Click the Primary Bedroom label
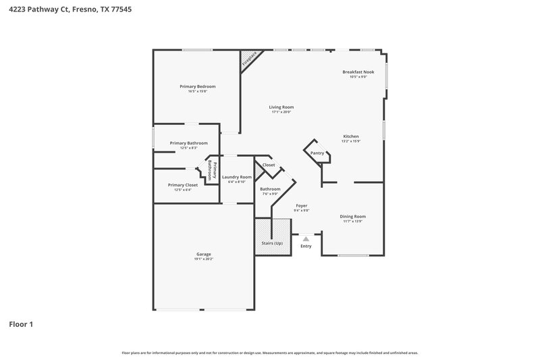[x=198, y=86]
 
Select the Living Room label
[x=281, y=107]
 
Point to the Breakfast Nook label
[x=358, y=72]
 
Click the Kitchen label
[x=351, y=136]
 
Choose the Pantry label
[x=317, y=153]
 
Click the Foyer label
[x=302, y=205]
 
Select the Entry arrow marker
[x=306, y=238]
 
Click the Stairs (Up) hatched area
[x=273, y=238]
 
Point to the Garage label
[x=204, y=254]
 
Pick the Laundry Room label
[x=236, y=177]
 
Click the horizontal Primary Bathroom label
[x=189, y=143]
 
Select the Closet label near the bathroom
[x=269, y=165]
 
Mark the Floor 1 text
[x=20, y=324]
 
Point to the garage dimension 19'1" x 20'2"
[x=204, y=259]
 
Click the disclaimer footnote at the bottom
[x=270, y=353]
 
